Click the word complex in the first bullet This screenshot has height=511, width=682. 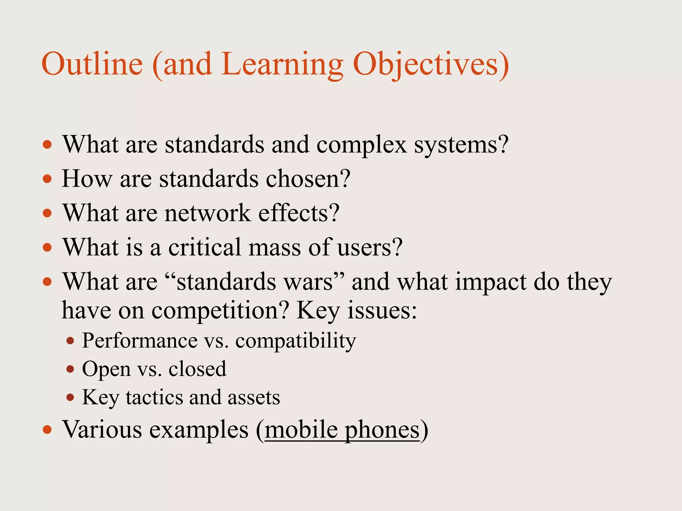click(361, 145)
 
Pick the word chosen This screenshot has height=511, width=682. click(308, 179)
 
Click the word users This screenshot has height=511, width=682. click(370, 248)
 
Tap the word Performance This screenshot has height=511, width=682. click(140, 341)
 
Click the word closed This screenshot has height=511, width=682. click(197, 369)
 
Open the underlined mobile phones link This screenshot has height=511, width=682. click(342, 430)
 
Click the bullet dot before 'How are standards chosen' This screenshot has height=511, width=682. click(48, 179)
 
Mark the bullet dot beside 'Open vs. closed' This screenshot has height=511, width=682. click(70, 369)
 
